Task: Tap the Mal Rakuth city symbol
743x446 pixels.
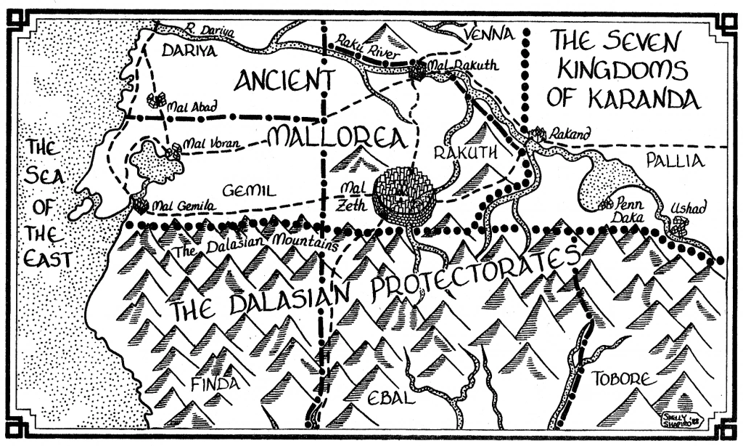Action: [x=418, y=71]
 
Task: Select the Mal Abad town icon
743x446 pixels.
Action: [x=155, y=100]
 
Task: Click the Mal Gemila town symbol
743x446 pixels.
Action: [x=140, y=206]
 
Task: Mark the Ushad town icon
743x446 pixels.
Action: [x=678, y=228]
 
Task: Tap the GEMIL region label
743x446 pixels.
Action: [x=247, y=191]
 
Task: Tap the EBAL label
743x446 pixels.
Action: [x=390, y=399]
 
